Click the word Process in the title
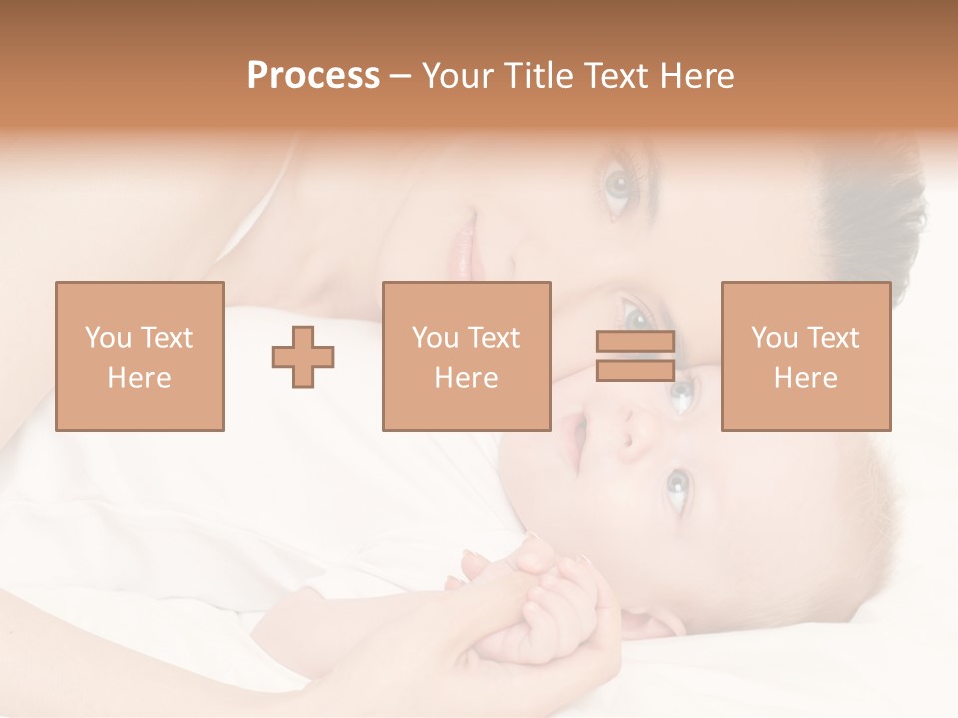313,76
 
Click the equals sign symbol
635,356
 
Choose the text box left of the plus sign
139,356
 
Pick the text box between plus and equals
466,356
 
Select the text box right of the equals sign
805,356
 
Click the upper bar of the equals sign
635,342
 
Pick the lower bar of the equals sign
635,370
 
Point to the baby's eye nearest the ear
677,488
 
